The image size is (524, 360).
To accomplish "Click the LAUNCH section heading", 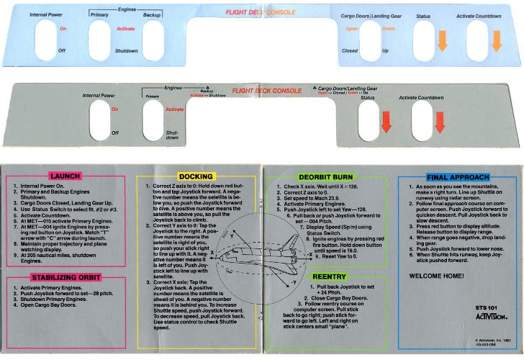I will [65, 176].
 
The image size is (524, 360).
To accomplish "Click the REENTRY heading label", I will [330, 276].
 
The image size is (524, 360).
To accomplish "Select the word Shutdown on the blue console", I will [126, 50].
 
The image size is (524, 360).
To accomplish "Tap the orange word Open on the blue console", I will [351, 29].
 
